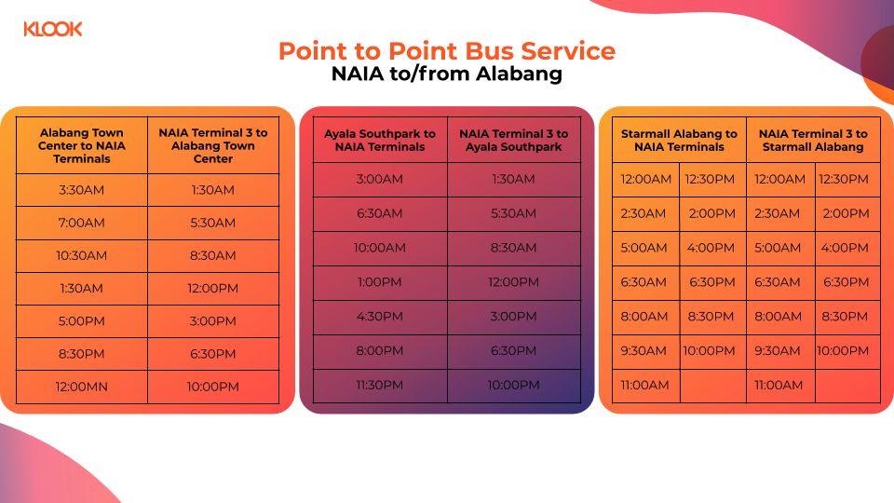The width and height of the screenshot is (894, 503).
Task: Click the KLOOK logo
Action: pyautogui.click(x=53, y=29)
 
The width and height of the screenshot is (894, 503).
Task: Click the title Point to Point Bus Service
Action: pyautogui.click(x=447, y=50)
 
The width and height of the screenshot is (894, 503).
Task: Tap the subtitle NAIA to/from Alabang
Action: pyautogui.click(x=447, y=75)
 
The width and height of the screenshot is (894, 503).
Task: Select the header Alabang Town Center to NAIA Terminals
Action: pyautogui.click(x=82, y=145)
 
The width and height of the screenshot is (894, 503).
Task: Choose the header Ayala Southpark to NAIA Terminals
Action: pyautogui.click(x=380, y=140)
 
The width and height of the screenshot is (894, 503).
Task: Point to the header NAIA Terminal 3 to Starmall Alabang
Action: pyautogui.click(x=813, y=140)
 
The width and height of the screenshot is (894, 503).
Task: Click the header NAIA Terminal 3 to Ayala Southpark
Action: pyautogui.click(x=513, y=140)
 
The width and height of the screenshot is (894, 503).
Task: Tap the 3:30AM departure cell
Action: pyautogui.click(x=82, y=190)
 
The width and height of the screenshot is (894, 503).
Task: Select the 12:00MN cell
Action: pyautogui.click(x=82, y=387)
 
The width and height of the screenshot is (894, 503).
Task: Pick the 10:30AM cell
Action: pyautogui.click(x=82, y=255)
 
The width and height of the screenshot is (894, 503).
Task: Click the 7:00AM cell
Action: pyautogui.click(x=82, y=223)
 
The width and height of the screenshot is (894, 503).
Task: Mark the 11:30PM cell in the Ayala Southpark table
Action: pyautogui.click(x=380, y=386)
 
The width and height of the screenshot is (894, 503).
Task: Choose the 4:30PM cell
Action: pyautogui.click(x=380, y=317)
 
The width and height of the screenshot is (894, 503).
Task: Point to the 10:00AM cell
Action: pyautogui.click(x=380, y=248)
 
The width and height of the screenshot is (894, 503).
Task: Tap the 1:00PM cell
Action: pyautogui.click(x=380, y=282)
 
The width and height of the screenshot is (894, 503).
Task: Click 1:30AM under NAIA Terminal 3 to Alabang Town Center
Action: pyautogui.click(x=213, y=190)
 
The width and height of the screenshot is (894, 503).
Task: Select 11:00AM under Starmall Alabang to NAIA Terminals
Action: pyautogui.click(x=644, y=386)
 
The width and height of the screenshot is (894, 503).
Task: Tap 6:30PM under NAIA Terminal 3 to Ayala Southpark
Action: pyautogui.click(x=513, y=351)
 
